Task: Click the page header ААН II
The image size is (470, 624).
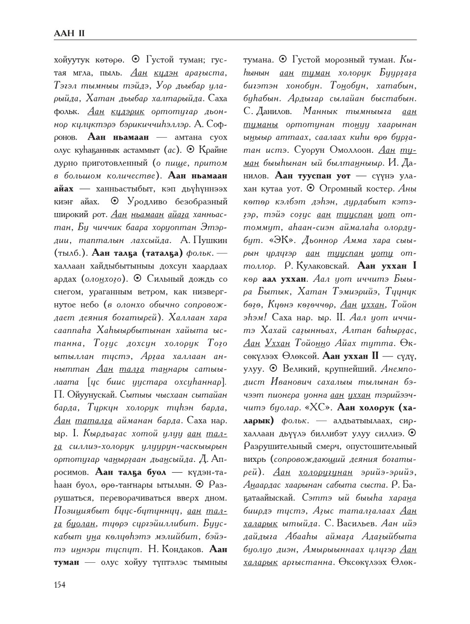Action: click(70, 34)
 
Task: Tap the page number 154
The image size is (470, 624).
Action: click(60, 584)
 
